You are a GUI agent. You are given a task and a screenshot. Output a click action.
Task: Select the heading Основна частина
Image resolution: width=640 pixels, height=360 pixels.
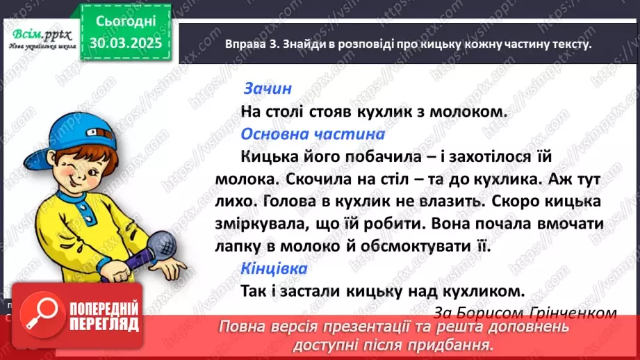coord(312,133)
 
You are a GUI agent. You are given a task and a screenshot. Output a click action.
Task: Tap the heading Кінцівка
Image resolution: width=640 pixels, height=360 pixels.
coord(274,268)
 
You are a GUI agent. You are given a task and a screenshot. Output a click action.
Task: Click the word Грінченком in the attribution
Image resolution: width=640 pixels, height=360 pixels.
coord(573,313)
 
